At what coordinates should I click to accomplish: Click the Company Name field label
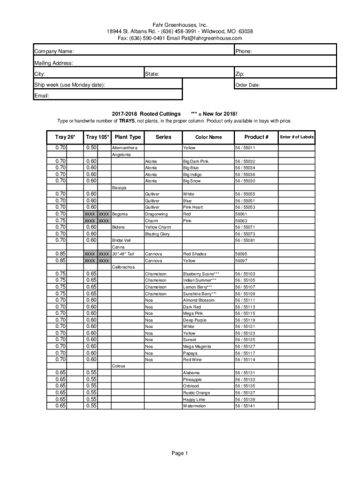[x=54, y=51]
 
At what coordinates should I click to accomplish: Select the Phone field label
[x=244, y=51]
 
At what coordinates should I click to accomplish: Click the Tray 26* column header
[x=58, y=137]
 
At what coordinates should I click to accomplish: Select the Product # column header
[x=257, y=137]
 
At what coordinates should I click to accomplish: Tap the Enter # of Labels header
[x=297, y=137]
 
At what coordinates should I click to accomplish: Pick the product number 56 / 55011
[x=245, y=148]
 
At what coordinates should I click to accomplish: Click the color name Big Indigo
[x=192, y=174]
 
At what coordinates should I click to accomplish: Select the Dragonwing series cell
[x=156, y=214]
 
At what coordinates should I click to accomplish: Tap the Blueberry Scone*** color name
[x=201, y=274]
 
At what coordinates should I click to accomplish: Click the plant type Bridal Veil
[x=121, y=240]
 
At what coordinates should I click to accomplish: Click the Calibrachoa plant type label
[x=123, y=267]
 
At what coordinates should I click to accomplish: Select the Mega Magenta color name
[x=197, y=347]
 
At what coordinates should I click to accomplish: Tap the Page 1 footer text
[x=180, y=453]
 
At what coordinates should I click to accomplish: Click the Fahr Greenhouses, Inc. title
[x=180, y=25]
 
